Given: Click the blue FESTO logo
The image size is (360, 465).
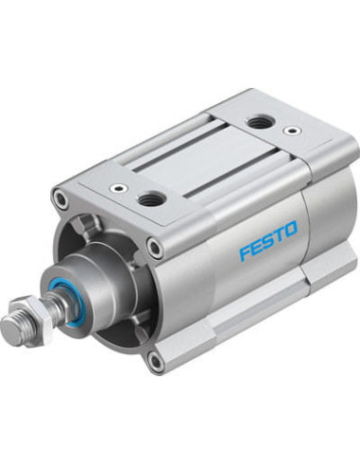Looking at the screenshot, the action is click(x=268, y=240).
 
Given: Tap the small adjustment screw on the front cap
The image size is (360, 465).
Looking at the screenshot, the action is click(x=118, y=189).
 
